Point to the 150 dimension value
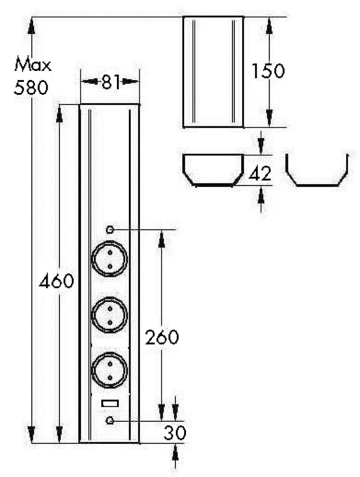pos(268,71)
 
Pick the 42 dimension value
pos(260,174)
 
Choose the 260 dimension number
pos(162,337)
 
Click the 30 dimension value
pos(174,433)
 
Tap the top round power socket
pos(110,259)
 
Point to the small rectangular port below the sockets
pos(110,403)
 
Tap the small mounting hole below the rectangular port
pos(110,421)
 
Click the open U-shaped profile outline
pos(317,171)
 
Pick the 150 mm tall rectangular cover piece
pos(213,72)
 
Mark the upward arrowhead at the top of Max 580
pos(32,26)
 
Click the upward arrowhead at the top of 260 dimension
pos(161,239)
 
